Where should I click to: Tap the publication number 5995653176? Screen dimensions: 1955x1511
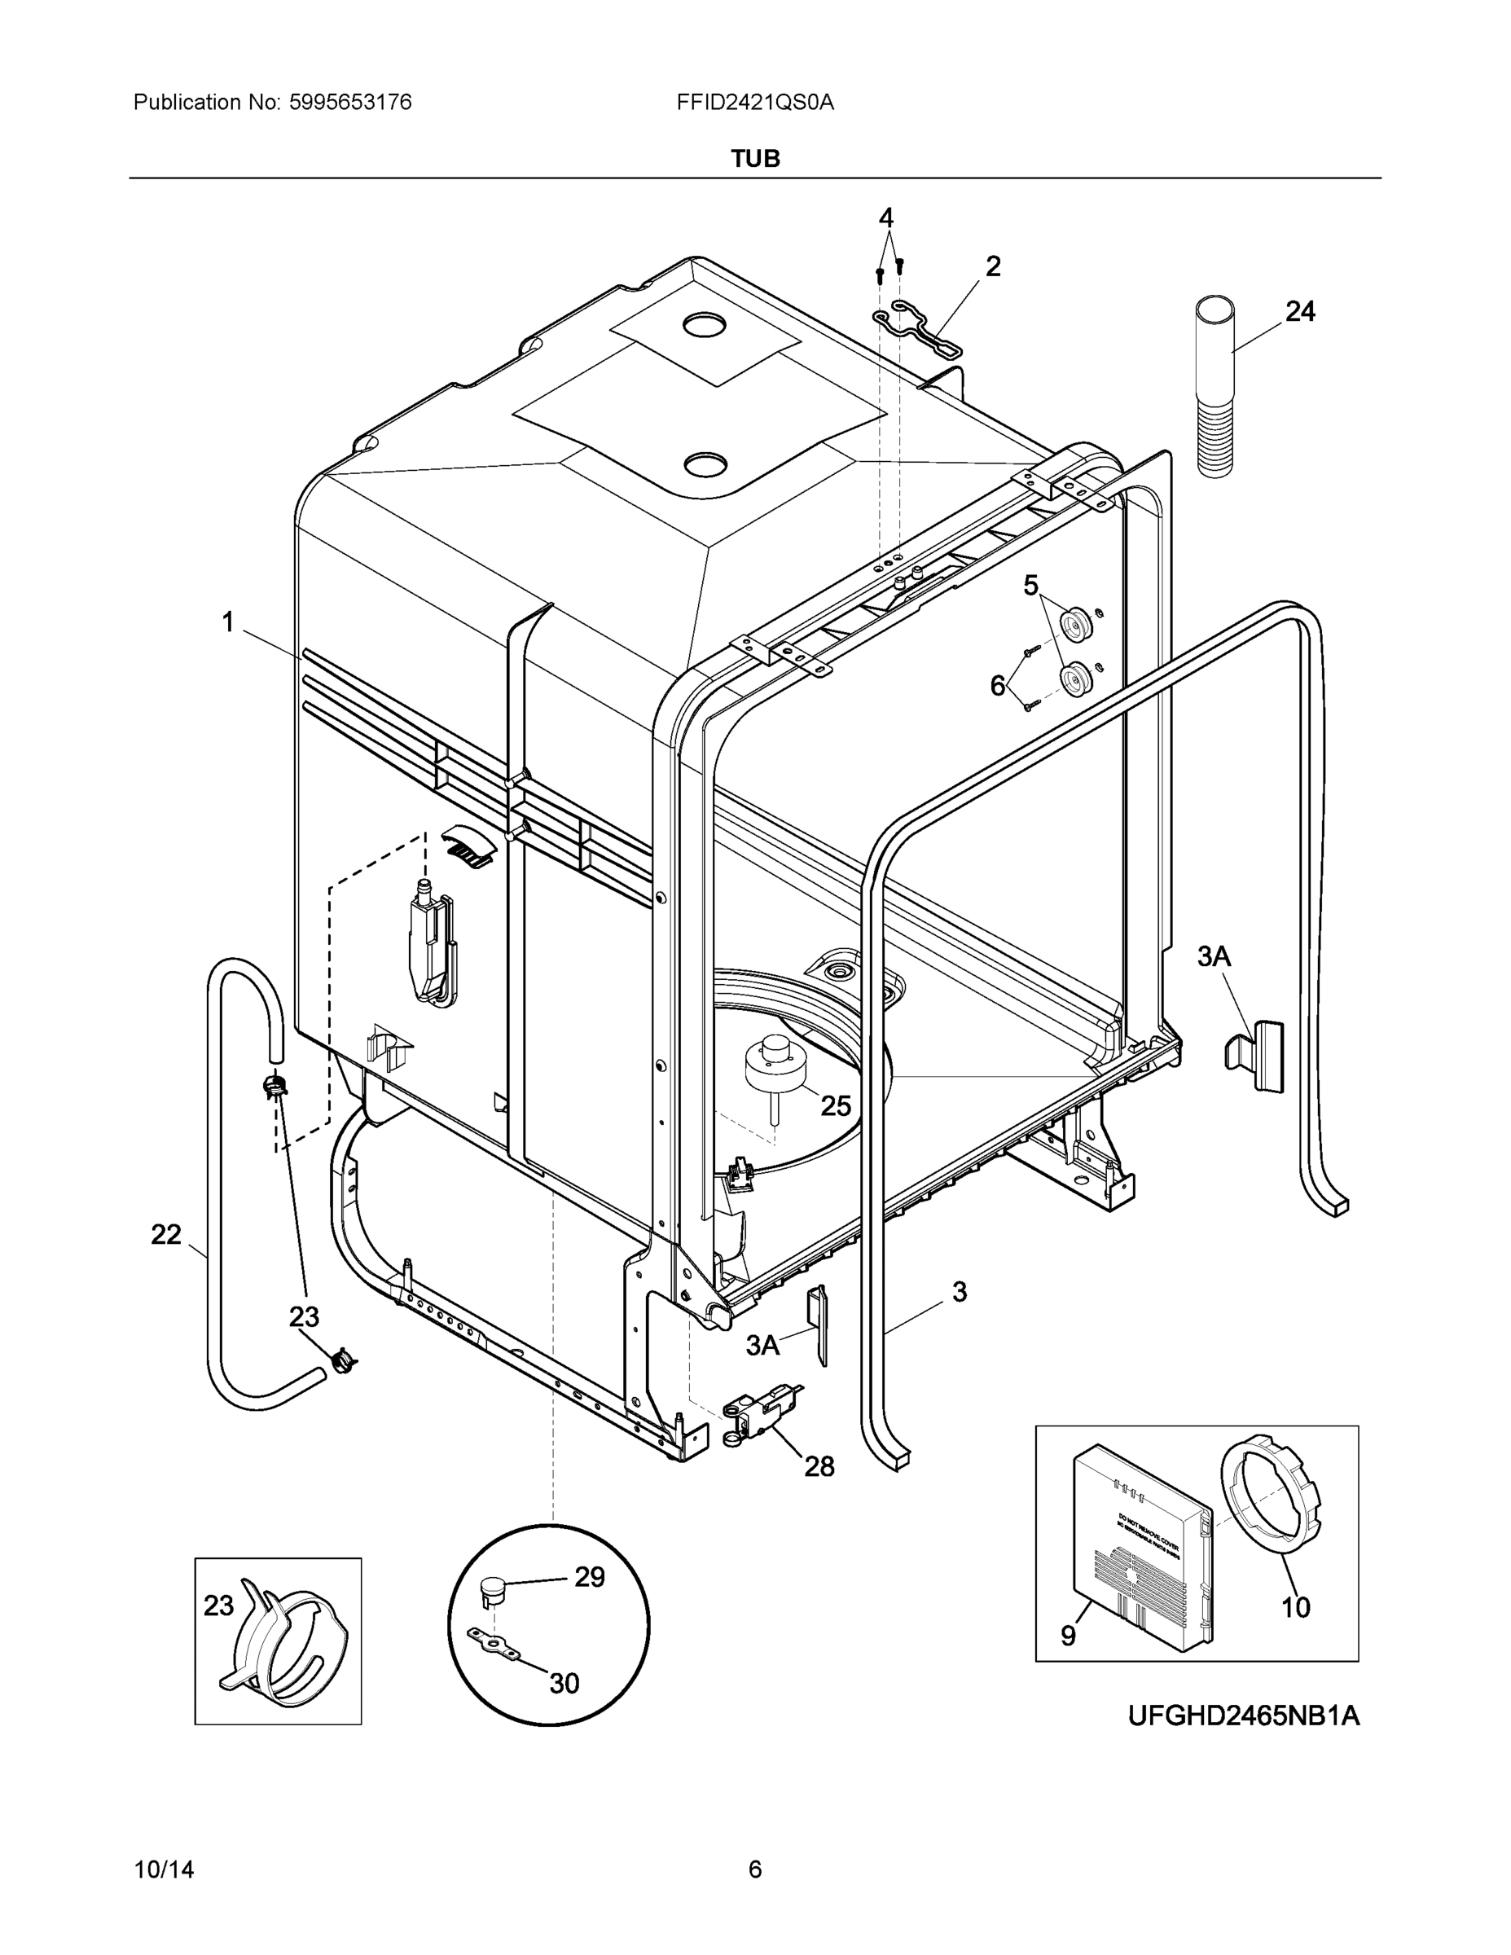coord(350,103)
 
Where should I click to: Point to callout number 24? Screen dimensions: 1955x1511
coord(1300,311)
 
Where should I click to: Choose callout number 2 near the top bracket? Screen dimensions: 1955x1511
coord(993,266)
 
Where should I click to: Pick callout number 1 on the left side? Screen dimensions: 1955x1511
coord(228,622)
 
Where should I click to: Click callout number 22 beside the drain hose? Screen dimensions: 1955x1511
coord(165,1234)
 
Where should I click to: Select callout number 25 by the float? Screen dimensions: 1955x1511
coord(835,1105)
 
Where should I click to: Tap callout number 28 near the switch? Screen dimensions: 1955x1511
coord(819,1466)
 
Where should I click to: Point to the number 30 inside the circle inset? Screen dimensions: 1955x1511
coord(564,1684)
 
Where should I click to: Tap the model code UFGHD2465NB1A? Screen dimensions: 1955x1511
coord(1242,1716)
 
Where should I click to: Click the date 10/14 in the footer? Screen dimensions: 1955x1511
coord(164,1870)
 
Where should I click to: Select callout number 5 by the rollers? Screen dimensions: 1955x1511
coord(1030,586)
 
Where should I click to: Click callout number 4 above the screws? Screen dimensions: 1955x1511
coord(885,217)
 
